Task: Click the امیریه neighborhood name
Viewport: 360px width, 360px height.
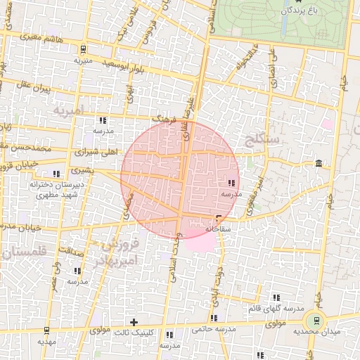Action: [x=67, y=110]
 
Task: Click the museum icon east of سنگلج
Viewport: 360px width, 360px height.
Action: [x=319, y=164]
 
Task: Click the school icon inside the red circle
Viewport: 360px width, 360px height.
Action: [x=232, y=183]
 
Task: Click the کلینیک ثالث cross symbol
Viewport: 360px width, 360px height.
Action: [x=134, y=322]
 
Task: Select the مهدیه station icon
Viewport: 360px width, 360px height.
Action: [x=46, y=330]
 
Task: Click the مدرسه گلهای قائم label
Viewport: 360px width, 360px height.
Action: [x=276, y=309]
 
